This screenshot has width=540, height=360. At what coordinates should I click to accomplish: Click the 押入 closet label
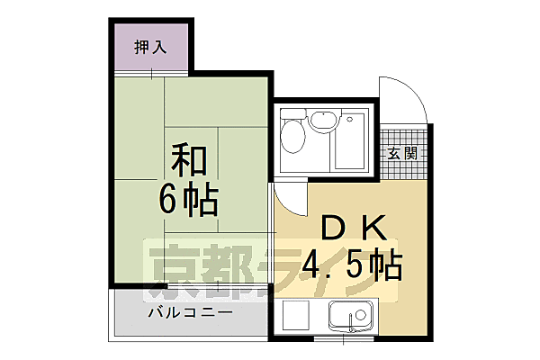pos(151,48)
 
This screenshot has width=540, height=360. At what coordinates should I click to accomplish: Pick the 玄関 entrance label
pos(402,152)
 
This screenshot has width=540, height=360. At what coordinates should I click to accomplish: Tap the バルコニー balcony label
pos(191,312)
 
